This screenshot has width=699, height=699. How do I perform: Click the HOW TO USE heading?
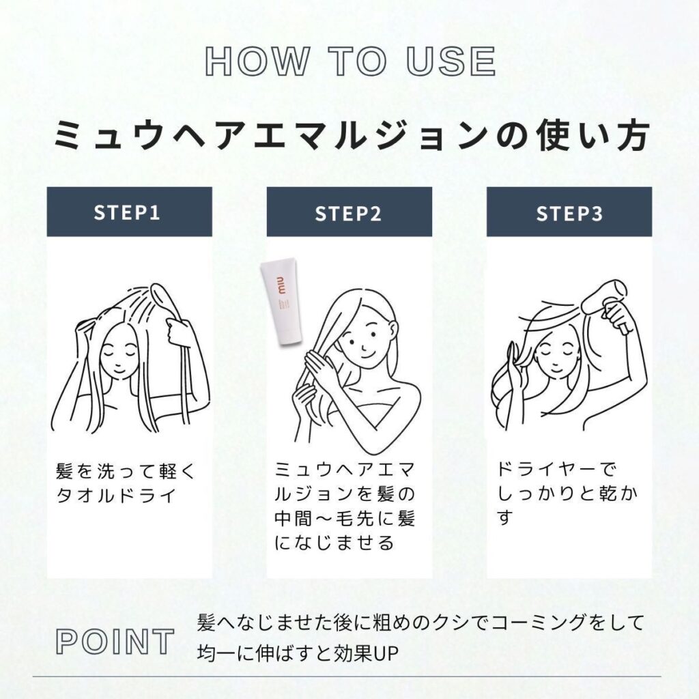coord(350,61)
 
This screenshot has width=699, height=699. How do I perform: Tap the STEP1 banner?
coord(129,212)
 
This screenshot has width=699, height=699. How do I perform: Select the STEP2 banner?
coord(349,212)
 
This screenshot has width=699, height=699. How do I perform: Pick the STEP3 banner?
coord(569,212)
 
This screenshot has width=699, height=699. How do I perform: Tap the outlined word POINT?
coord(115,642)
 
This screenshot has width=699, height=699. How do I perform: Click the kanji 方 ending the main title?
coord(631,135)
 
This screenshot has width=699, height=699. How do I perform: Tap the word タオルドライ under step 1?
coord(116,496)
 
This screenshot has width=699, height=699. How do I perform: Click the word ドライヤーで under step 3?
coord(557,470)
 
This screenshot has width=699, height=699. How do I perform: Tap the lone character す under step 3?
coord(506,518)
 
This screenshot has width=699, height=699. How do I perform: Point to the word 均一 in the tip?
coord(216,654)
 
